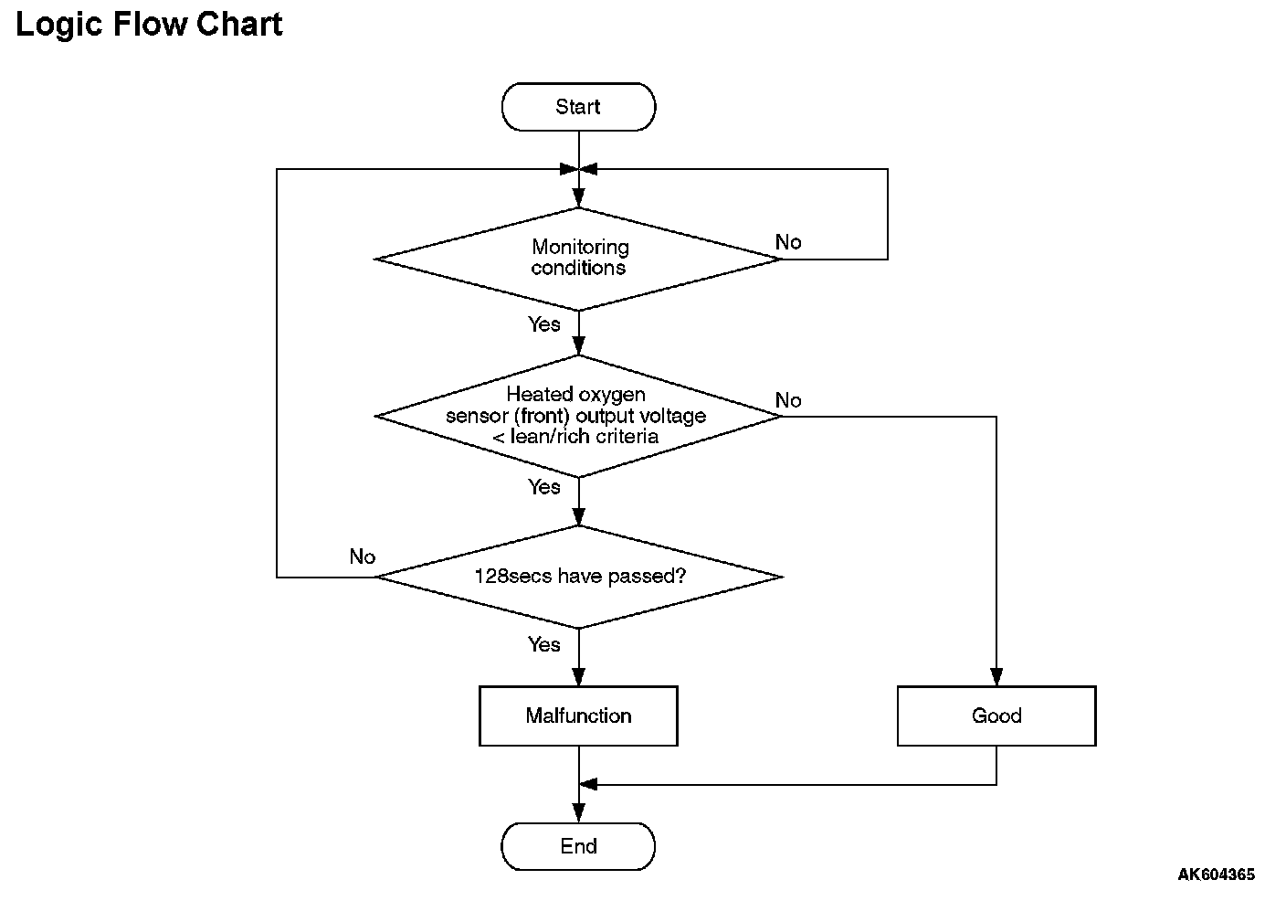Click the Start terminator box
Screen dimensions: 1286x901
[x=578, y=107]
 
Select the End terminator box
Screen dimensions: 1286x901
[x=578, y=846]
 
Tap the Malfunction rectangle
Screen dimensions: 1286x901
[x=578, y=715]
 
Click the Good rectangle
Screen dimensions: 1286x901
[x=996, y=715]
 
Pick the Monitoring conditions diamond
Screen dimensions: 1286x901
[x=578, y=259]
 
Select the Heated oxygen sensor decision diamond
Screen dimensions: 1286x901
[x=578, y=417]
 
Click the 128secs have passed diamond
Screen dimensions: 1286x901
[x=578, y=577]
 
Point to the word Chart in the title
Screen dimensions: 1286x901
[x=238, y=24]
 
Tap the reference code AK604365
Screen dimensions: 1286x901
[x=1216, y=874]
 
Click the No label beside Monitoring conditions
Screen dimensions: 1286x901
[x=787, y=242]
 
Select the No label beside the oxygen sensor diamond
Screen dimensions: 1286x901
[x=787, y=399]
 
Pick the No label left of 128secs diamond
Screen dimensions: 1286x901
[x=363, y=556]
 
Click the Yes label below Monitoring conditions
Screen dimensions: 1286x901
[x=543, y=323]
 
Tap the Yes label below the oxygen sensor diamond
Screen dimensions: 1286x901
[x=543, y=487]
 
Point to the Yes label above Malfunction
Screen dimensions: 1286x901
[x=543, y=644]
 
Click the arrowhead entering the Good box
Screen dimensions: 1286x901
[x=996, y=677]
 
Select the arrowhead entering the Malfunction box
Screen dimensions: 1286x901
[x=579, y=677]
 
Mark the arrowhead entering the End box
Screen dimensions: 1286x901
[x=579, y=813]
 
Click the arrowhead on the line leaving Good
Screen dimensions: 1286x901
[x=588, y=784]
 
